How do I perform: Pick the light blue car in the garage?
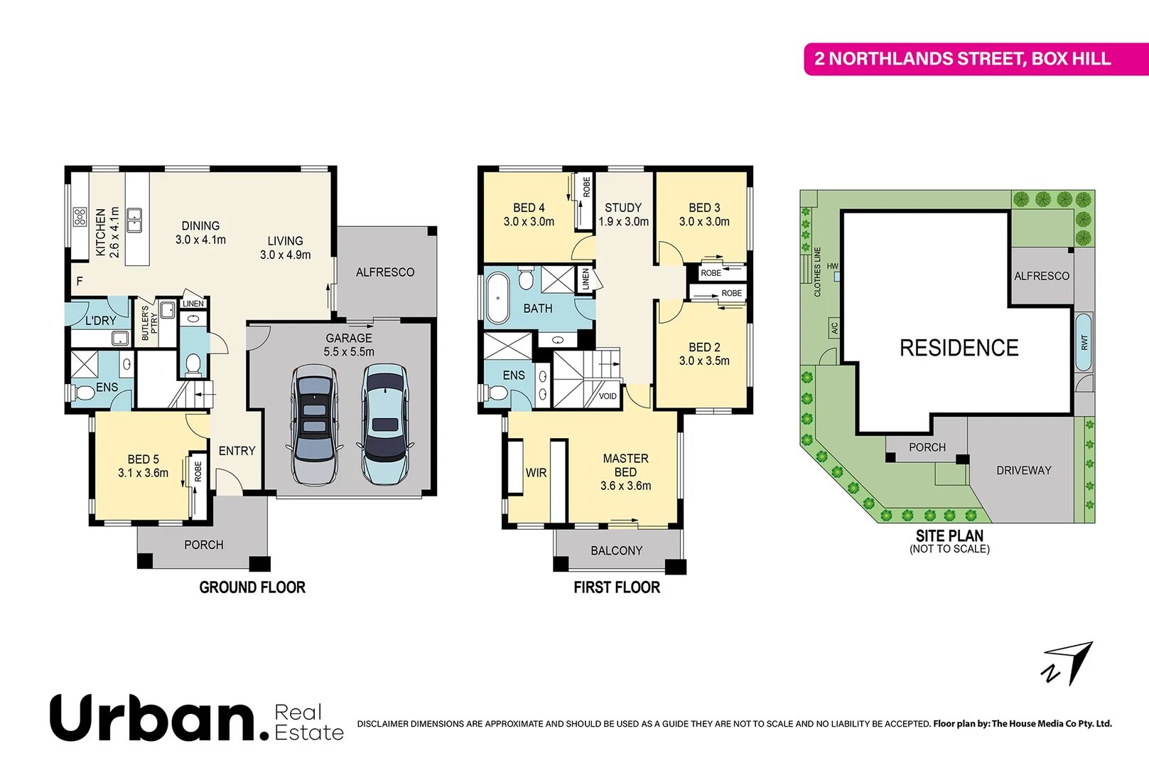click(x=384, y=424)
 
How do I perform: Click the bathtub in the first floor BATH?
click(x=498, y=298)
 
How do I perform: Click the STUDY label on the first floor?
click(x=623, y=208)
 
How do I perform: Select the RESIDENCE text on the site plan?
click(x=959, y=348)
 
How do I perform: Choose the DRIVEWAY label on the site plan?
click(x=1023, y=470)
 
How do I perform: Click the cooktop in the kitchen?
click(x=80, y=216)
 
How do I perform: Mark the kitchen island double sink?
click(x=134, y=220)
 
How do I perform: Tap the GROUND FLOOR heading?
click(x=252, y=587)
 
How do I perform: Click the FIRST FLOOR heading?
click(x=617, y=587)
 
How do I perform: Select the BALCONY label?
click(x=616, y=550)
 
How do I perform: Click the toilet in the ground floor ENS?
click(x=84, y=393)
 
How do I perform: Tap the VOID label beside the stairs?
click(x=608, y=396)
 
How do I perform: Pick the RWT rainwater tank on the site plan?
click(x=1084, y=342)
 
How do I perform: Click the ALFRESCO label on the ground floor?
click(x=385, y=272)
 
